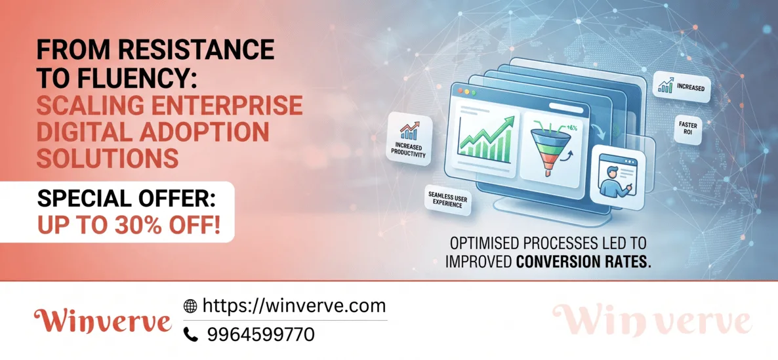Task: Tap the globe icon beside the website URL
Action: coord(190,306)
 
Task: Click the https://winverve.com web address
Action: coord(295,306)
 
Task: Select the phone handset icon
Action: coord(190,334)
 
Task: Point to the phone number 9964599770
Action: coord(261,334)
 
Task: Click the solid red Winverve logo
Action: coord(103,322)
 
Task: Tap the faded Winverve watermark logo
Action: coord(651,320)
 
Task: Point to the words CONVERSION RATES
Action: coord(583,262)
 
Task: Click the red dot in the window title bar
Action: coord(460,91)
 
